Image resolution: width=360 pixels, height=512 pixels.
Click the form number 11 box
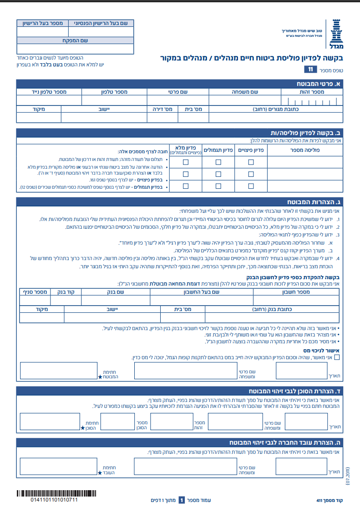point(310,70)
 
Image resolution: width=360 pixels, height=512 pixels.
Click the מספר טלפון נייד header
point(49,92)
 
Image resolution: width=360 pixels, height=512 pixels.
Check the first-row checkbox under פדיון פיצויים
point(251,162)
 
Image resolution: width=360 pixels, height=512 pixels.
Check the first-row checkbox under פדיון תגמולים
point(218,162)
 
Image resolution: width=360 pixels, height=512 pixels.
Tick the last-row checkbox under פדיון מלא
point(186,186)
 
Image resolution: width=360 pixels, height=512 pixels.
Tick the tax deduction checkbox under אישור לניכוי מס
point(337,357)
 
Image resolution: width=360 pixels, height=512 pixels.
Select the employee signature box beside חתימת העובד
point(59,467)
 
